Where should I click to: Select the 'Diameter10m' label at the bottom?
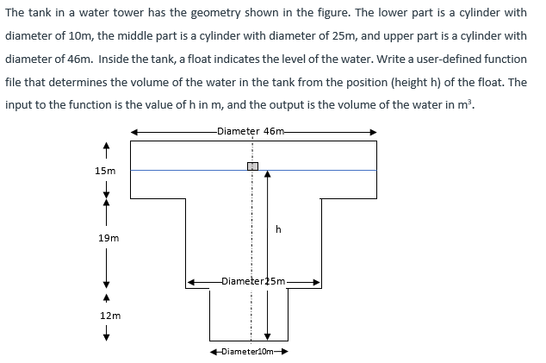click(248, 352)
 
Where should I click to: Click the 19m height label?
click(108, 237)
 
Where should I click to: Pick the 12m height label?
click(109, 316)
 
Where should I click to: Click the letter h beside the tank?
click(278, 229)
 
